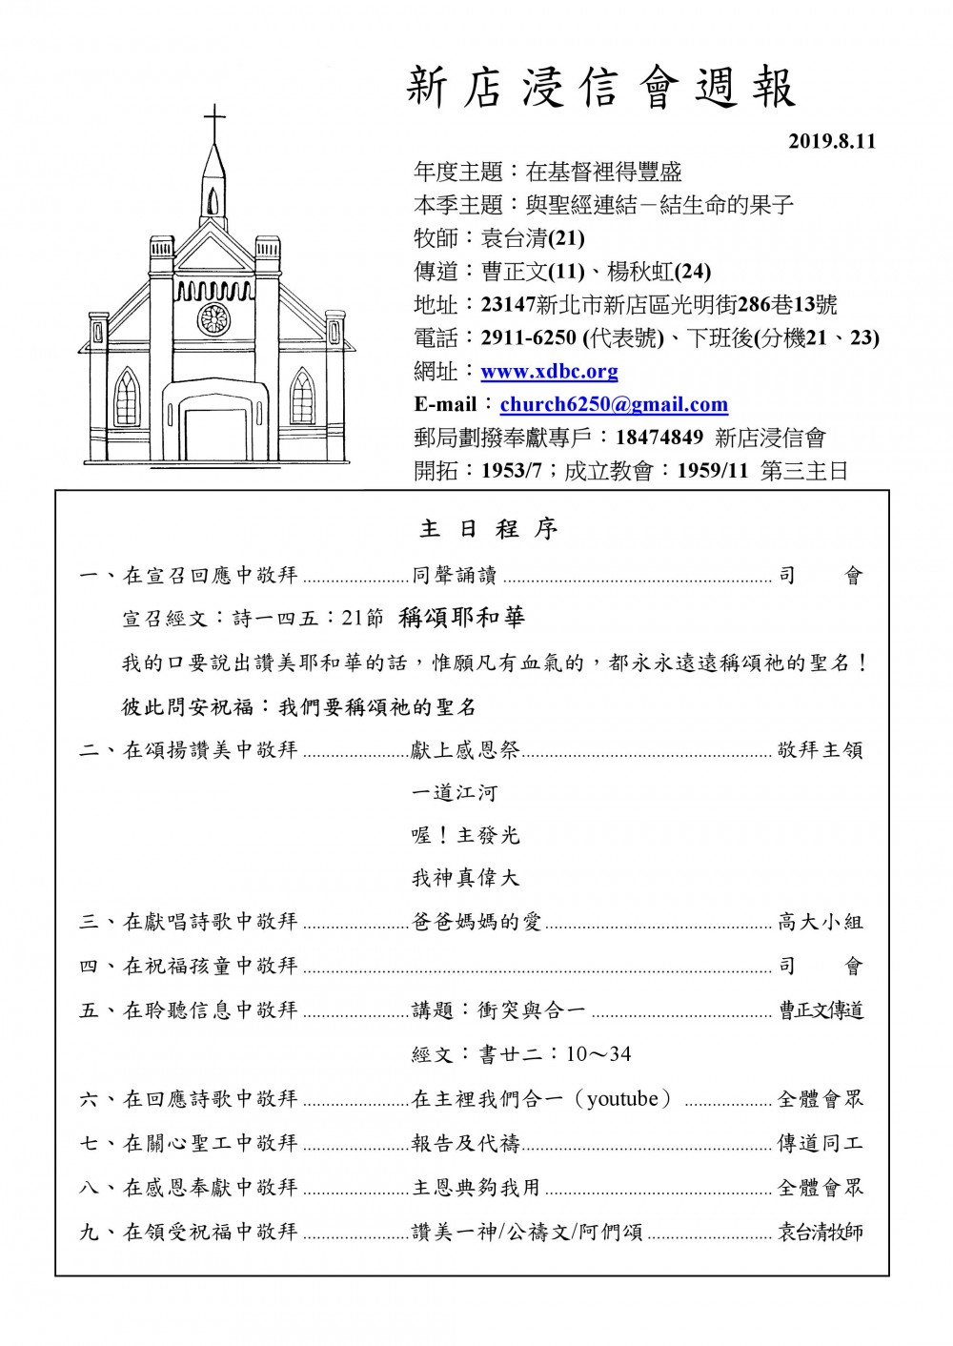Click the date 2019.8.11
coord(831,142)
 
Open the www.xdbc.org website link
coord(549,371)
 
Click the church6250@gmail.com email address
coord(614,404)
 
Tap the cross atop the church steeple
coord(215,123)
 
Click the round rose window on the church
coord(213,319)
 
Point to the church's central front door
coord(214,434)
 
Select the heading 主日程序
coord(488,529)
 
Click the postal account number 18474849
coord(659,438)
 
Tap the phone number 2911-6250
coord(529,337)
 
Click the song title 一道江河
coord(454,792)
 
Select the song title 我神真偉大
coord(465,878)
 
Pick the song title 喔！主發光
coord(465,835)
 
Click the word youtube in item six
coord(623,1099)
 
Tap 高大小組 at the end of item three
coord(820,922)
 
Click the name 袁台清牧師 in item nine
coord(820,1232)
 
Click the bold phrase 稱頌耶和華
coord(462,618)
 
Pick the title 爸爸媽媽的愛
coord(476,922)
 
